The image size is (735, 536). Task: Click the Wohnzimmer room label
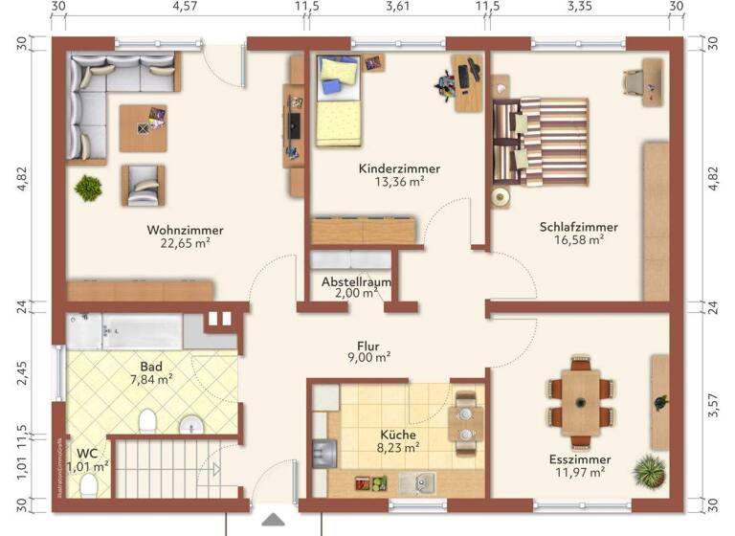(185, 230)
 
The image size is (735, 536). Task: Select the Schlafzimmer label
(578, 227)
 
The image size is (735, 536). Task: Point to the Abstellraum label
(356, 282)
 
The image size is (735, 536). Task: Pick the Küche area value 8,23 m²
(398, 447)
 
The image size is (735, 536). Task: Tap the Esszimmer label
(581, 459)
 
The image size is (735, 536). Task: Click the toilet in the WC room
(88, 487)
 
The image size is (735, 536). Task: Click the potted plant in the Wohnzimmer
(89, 187)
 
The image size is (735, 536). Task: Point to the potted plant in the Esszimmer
(649, 470)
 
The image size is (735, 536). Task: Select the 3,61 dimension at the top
(396, 7)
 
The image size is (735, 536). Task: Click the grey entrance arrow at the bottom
(273, 521)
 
